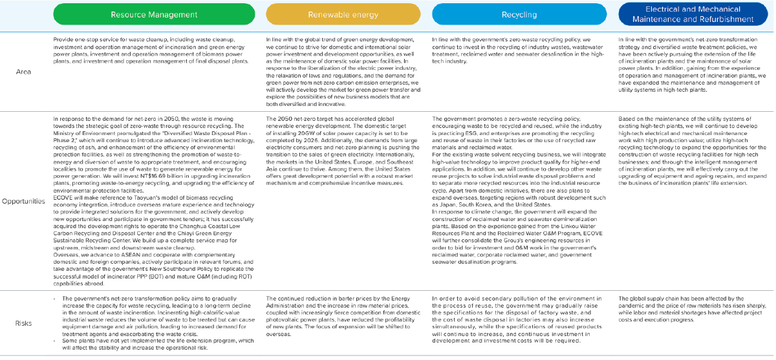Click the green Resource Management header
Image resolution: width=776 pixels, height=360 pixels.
click(154, 14)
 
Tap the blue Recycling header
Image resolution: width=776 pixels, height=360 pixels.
click(519, 14)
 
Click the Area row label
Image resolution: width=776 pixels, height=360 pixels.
click(24, 72)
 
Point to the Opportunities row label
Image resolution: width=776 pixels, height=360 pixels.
click(24, 201)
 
